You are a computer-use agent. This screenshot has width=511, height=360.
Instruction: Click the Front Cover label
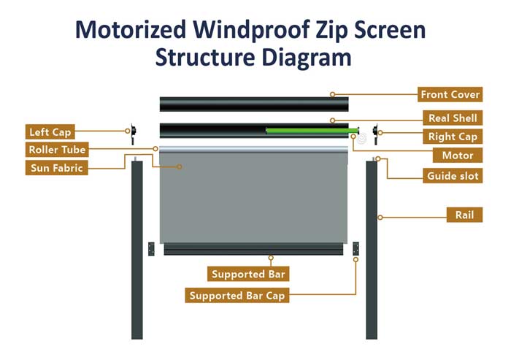click(450, 94)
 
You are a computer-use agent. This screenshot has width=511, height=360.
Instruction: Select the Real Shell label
click(453, 118)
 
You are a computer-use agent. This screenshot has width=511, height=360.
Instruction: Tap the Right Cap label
click(452, 137)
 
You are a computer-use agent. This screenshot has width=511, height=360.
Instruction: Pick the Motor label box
click(458, 155)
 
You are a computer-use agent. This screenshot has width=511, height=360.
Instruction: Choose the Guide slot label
click(451, 175)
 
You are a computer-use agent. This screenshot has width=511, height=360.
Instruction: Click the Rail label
click(464, 215)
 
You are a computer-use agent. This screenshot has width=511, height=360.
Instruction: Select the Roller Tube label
click(57, 150)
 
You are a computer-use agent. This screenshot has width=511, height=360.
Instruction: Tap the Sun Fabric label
click(57, 168)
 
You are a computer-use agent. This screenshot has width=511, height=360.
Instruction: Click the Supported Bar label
click(248, 275)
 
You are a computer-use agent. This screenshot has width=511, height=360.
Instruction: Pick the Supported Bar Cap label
click(237, 296)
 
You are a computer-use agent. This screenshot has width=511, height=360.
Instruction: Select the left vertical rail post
click(137, 248)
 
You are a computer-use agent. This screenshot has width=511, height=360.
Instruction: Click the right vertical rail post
click(371, 248)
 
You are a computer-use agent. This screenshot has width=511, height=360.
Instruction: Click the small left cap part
click(134, 131)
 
